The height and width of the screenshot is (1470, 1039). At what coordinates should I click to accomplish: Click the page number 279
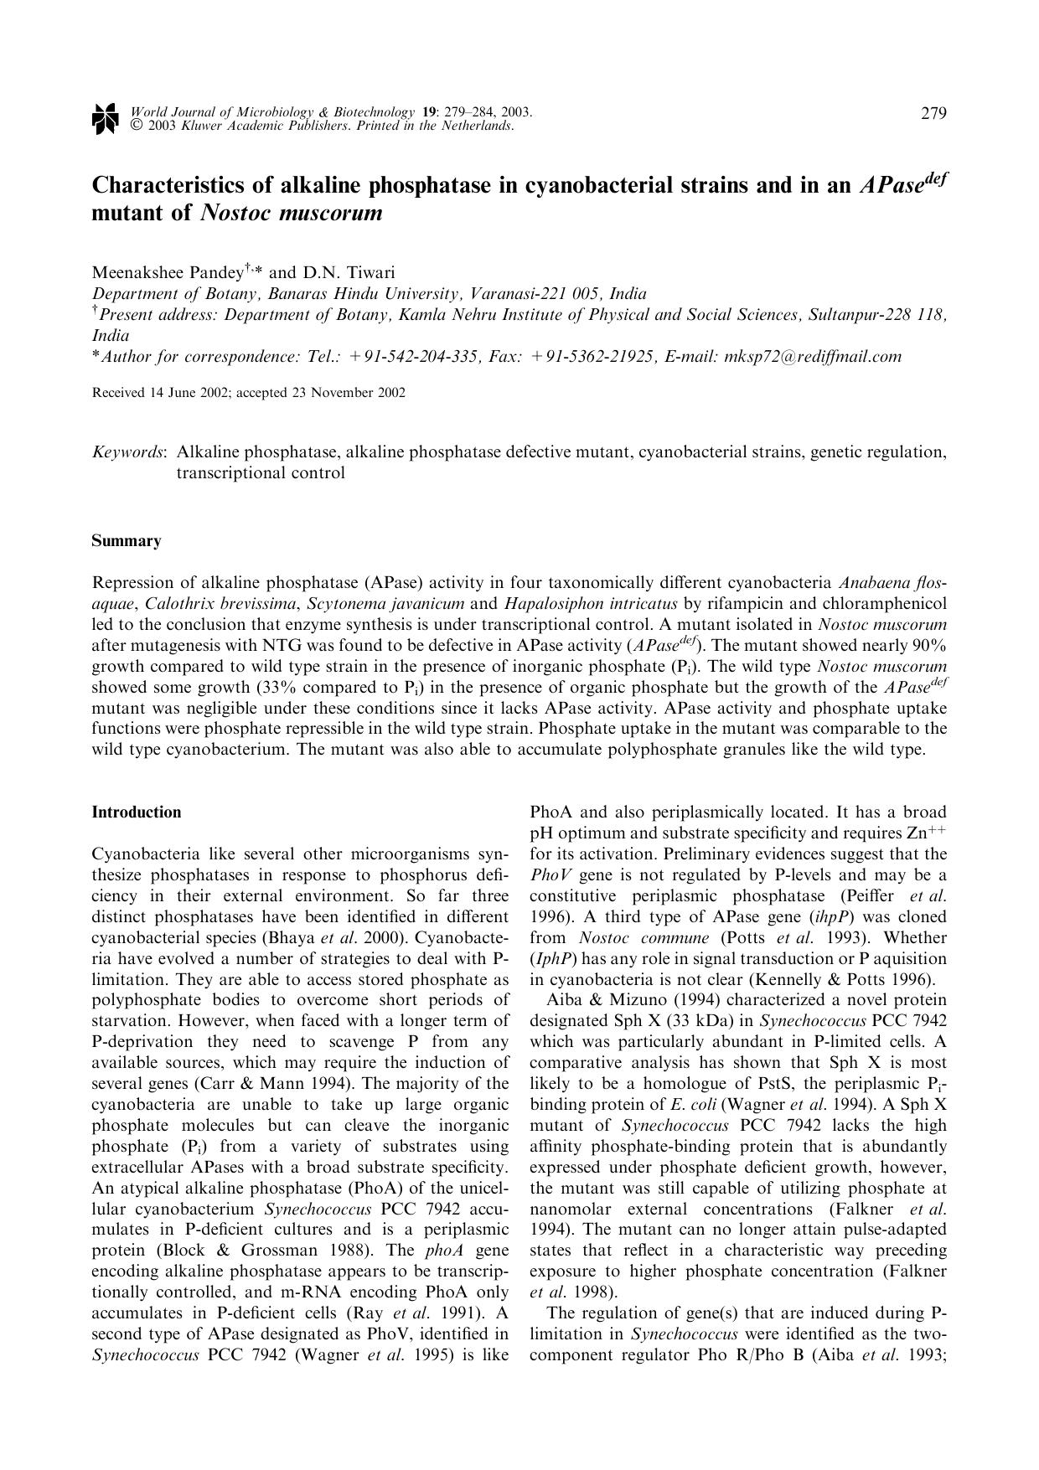pyautogui.click(x=933, y=114)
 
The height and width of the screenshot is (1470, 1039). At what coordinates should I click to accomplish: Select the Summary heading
pyautogui.click(x=126, y=541)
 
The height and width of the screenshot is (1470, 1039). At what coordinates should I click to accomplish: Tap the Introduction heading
pyautogui.click(x=136, y=812)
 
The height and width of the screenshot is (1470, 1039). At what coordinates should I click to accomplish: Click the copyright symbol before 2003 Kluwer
pyautogui.click(x=135, y=126)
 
